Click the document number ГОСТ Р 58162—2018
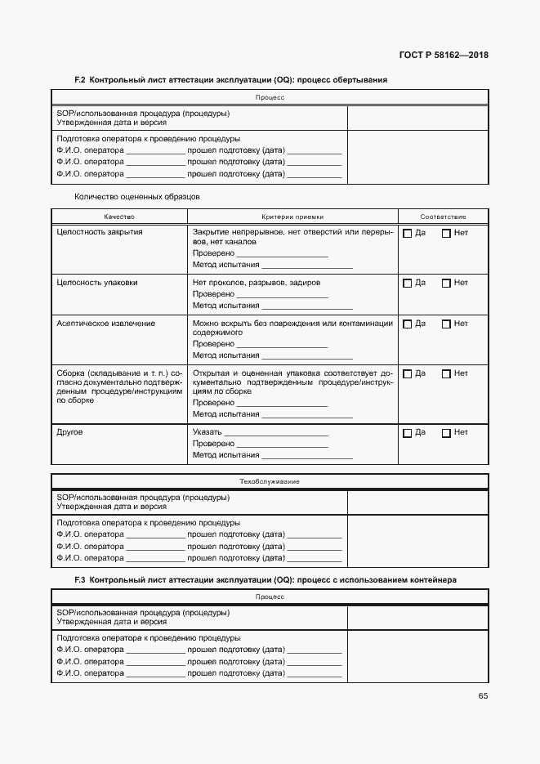pyautogui.click(x=443, y=56)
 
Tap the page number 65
pyautogui.click(x=483, y=696)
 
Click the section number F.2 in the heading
pyautogui.click(x=80, y=80)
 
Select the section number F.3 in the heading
pyautogui.click(x=80, y=579)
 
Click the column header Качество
pyautogui.click(x=119, y=217)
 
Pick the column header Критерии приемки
pyautogui.click(x=292, y=217)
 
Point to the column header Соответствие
pyautogui.click(x=443, y=217)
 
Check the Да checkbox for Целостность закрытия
pyautogui.click(x=407, y=234)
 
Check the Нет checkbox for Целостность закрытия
pyautogui.click(x=446, y=234)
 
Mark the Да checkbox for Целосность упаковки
pyautogui.click(x=407, y=284)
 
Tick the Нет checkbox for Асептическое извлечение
pyautogui.click(x=446, y=324)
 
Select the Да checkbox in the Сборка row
pyautogui.click(x=407, y=374)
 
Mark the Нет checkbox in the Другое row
pyautogui.click(x=446, y=433)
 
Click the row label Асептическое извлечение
pyautogui.click(x=106, y=324)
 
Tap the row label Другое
pyautogui.click(x=70, y=432)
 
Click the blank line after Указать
pyautogui.click(x=275, y=433)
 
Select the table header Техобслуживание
pyautogui.click(x=270, y=481)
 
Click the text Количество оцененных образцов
pyautogui.click(x=137, y=196)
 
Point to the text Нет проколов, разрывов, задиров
pyautogui.click(x=257, y=283)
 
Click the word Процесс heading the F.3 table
pyautogui.click(x=270, y=597)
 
